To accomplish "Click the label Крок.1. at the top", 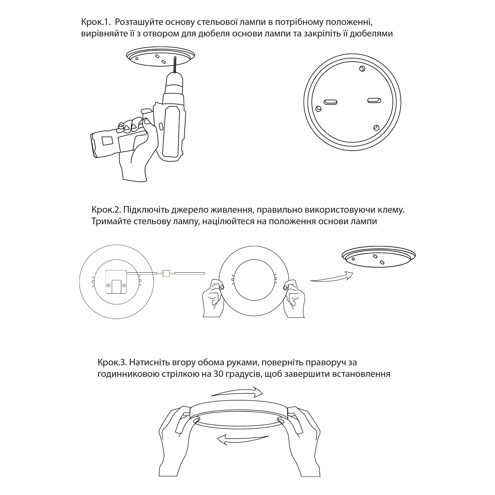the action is coord(96,22).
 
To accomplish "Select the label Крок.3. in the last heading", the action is coord(112,363).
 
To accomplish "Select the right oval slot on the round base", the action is coord(374,100).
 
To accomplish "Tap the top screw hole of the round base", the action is coord(362,68).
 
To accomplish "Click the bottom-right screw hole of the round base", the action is coord(376,128).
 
